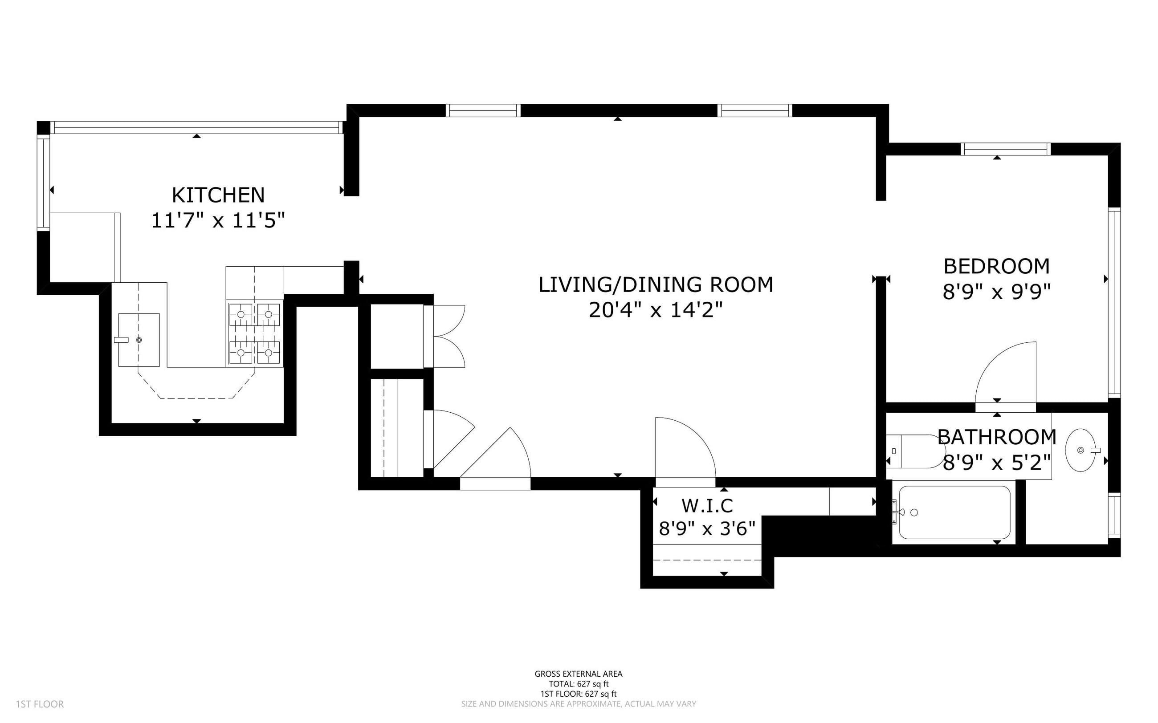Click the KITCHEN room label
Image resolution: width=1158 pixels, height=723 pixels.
click(x=218, y=195)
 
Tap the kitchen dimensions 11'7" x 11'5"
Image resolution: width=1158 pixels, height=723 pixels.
click(x=218, y=220)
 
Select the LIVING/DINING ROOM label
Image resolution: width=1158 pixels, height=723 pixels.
click(x=656, y=284)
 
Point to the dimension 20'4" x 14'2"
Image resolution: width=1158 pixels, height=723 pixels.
click(x=655, y=310)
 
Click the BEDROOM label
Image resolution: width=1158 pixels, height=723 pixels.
click(x=997, y=266)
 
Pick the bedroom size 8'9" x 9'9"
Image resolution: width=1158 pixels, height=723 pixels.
click(x=997, y=292)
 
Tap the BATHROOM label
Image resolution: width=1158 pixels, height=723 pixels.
click(x=997, y=437)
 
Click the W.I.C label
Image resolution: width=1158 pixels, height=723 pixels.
click(x=707, y=505)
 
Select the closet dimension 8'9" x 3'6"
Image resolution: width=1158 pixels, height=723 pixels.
click(x=707, y=528)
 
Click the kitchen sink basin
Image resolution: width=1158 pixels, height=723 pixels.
click(x=139, y=340)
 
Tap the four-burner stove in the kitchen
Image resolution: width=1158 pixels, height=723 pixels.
click(x=254, y=333)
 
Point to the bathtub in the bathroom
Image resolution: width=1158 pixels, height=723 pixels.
click(x=954, y=512)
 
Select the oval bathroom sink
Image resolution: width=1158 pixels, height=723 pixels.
click(x=1081, y=451)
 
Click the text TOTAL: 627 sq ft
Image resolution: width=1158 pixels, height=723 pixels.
click(x=578, y=684)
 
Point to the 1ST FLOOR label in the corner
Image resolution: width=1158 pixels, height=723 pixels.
click(x=40, y=704)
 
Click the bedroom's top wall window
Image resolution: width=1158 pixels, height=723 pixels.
click(x=1006, y=149)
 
